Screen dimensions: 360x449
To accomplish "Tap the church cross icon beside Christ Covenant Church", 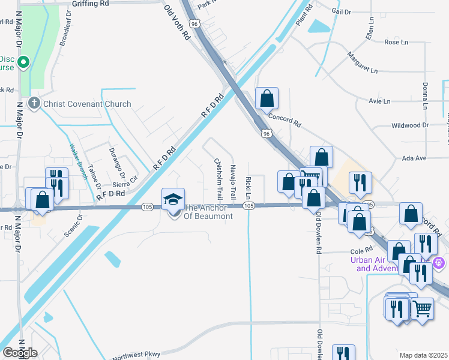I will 34,103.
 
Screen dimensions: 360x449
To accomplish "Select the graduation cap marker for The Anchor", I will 173,199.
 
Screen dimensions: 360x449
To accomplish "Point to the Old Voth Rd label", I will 177,22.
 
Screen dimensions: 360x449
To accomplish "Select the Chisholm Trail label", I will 219,179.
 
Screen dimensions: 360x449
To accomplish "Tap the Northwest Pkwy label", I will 136,354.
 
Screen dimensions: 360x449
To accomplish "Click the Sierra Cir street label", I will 125,184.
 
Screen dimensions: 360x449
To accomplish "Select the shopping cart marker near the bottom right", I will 422,310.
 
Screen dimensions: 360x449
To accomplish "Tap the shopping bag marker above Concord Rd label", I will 267,98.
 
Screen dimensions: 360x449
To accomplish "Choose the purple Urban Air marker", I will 439,262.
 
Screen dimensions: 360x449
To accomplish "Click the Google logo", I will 19,353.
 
